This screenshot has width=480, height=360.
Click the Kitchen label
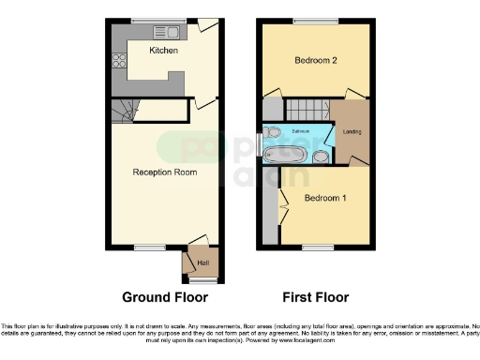[x=163, y=51]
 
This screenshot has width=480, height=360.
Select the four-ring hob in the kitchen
[x=119, y=64]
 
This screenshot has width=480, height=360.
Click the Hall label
[x=202, y=263]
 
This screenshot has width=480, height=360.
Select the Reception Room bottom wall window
[x=147, y=247]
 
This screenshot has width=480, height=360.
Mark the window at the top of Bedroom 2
[x=308, y=21]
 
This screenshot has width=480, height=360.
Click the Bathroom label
[x=300, y=131]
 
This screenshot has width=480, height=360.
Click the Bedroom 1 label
[x=323, y=199]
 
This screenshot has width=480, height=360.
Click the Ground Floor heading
[x=165, y=297]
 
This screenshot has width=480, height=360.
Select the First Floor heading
[x=315, y=297]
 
